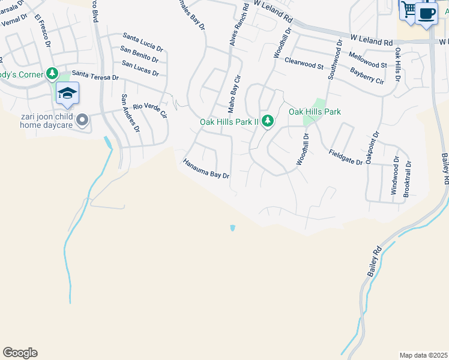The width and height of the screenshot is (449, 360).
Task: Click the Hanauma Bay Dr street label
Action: click(x=206, y=169)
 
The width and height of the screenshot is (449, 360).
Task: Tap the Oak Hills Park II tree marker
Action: click(x=268, y=121)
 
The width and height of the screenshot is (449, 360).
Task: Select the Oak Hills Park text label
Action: click(x=315, y=112)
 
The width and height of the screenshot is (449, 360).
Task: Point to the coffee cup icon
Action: click(x=426, y=13)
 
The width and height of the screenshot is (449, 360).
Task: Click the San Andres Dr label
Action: click(x=130, y=113)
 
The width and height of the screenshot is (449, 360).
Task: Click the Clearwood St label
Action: click(x=304, y=61)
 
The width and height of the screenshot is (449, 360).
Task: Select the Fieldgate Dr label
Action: click(x=346, y=157)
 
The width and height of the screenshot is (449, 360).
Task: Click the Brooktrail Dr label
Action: click(x=408, y=178)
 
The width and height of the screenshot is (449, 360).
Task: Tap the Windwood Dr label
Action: click(x=395, y=175)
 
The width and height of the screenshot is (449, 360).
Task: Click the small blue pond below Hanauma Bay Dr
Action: click(x=232, y=228)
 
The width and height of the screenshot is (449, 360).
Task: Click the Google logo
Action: click(x=20, y=353)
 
